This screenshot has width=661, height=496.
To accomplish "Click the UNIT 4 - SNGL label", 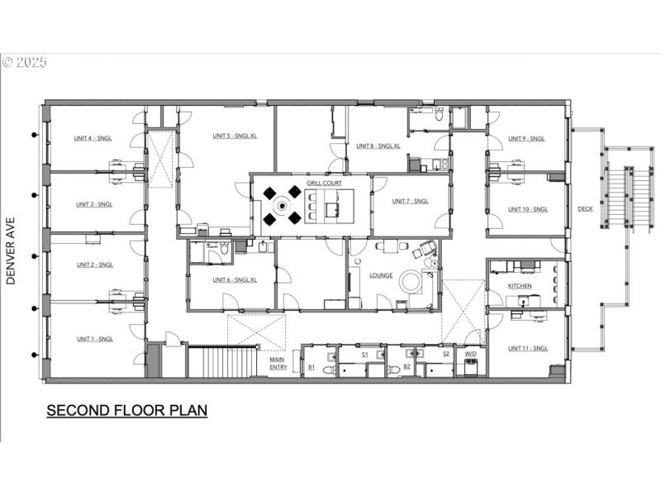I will tap(94, 138).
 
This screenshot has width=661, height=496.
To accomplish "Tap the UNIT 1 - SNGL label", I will tap(94, 339).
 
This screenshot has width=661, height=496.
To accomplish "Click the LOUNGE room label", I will tap(381, 275).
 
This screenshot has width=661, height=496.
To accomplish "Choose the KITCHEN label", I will tap(520, 286).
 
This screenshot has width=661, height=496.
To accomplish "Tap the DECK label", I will tap(585, 209).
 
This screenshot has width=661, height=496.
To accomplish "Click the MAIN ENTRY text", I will tap(278, 362).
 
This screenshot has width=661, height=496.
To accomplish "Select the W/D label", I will tap(470, 354).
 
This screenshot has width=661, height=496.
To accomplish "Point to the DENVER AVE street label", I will tap(12, 246).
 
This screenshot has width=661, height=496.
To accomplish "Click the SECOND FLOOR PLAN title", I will tap(126, 410).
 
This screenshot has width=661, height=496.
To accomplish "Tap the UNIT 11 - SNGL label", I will tap(528, 348).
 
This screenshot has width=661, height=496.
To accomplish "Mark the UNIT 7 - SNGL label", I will tap(410, 201).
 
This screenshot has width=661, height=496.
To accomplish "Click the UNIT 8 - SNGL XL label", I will tap(378, 145).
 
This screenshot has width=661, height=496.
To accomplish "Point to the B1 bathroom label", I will tap(311, 366).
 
